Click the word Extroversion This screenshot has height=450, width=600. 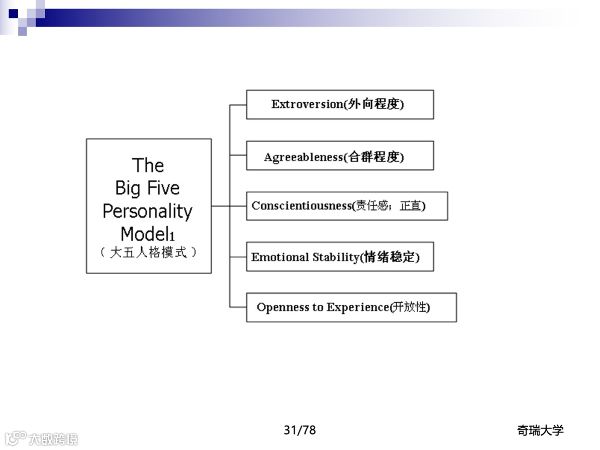click(307, 104)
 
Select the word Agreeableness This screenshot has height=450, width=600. click(303, 157)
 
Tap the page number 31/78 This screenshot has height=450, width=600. click(299, 430)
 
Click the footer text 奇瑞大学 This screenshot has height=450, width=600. click(540, 430)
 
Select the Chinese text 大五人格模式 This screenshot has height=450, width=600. click(148, 252)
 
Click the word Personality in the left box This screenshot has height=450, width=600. click(147, 211)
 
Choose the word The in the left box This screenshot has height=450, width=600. click(148, 166)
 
